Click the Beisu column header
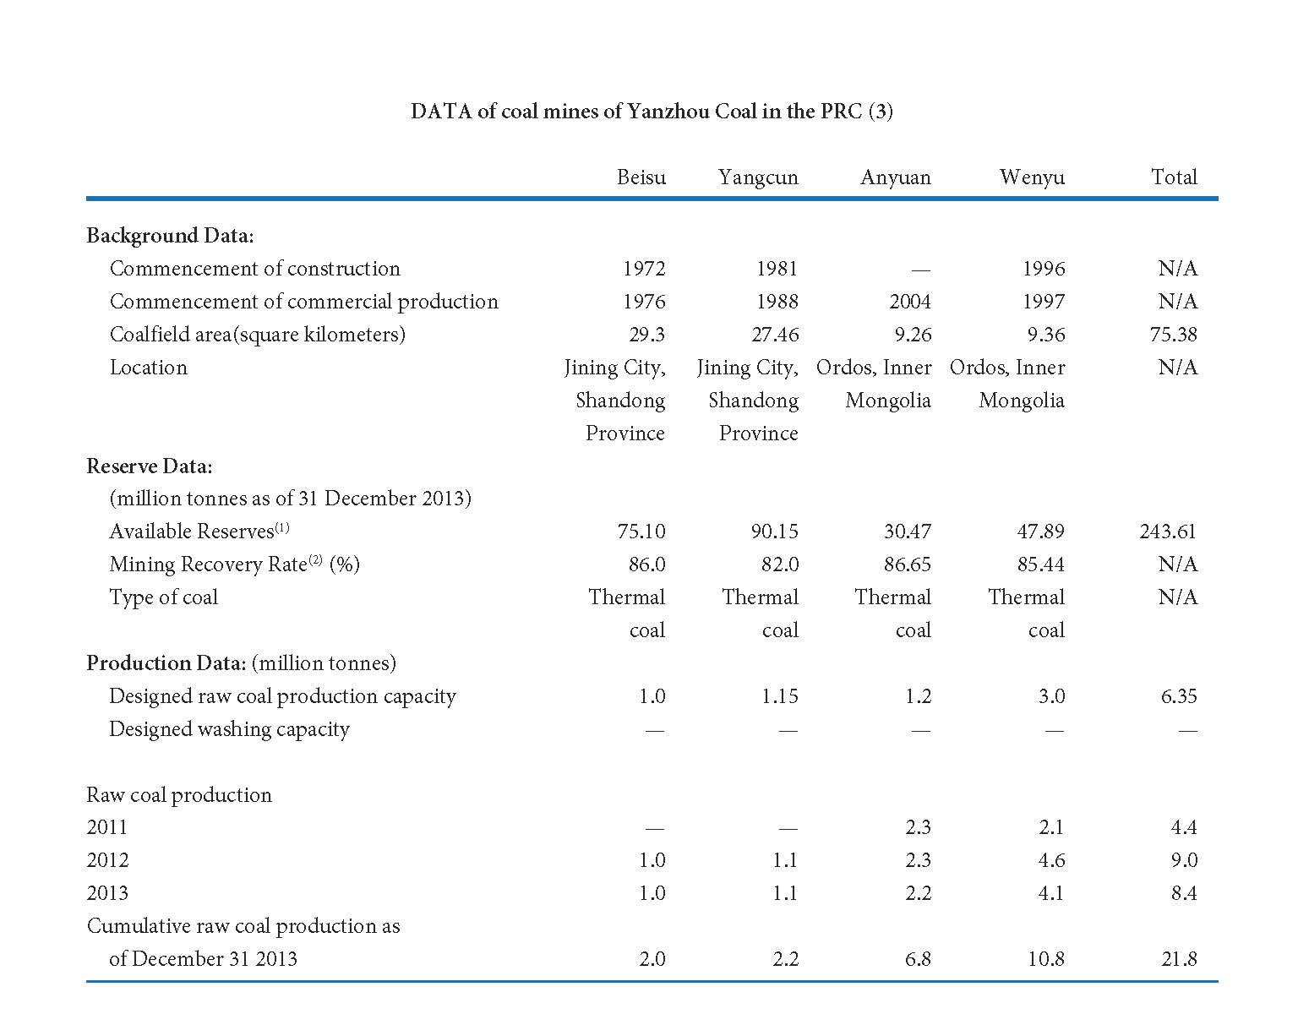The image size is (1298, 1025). pos(641,177)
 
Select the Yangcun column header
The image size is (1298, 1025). pos(757,177)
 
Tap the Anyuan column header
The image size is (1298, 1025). pos(895,177)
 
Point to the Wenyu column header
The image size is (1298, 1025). pos(1032,177)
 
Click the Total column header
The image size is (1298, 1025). pos(1174,177)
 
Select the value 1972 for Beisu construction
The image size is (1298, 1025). pos(644,269)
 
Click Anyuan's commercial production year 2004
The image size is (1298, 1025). pos(909,301)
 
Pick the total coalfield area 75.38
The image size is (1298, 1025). pos(1173,335)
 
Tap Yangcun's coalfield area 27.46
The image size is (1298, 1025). pos(774,335)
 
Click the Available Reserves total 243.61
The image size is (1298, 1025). pos(1167,531)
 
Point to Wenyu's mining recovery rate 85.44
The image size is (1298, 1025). pos(1040,564)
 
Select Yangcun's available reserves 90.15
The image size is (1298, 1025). pos(774,531)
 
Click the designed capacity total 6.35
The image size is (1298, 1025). pos(1179,695)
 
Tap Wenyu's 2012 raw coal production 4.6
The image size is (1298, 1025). pos(1051,859)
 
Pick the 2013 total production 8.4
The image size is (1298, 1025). pos(1184,893)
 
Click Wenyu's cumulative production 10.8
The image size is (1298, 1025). pos(1046,958)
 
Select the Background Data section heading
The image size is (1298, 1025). pos(170,236)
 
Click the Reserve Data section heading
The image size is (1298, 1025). pos(149,466)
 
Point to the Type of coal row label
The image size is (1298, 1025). pos(163,597)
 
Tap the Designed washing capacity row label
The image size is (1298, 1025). pos(229,729)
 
